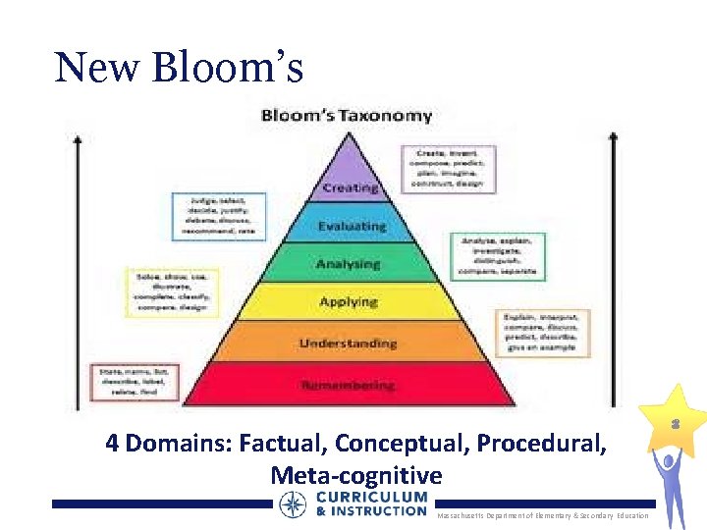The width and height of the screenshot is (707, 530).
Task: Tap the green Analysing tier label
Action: [348, 264]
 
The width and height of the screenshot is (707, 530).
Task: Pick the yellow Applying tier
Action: [349, 301]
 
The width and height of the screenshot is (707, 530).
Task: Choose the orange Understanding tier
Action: [349, 343]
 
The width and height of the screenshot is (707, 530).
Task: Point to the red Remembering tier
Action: [349, 385]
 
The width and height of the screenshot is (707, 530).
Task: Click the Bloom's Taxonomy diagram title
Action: [347, 116]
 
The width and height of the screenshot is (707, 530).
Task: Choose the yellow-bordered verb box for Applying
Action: [171, 291]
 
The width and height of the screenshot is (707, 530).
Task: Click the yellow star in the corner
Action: [675, 421]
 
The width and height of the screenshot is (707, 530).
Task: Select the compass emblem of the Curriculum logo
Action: [293, 504]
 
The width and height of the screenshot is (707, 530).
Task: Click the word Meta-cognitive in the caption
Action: [356, 475]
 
